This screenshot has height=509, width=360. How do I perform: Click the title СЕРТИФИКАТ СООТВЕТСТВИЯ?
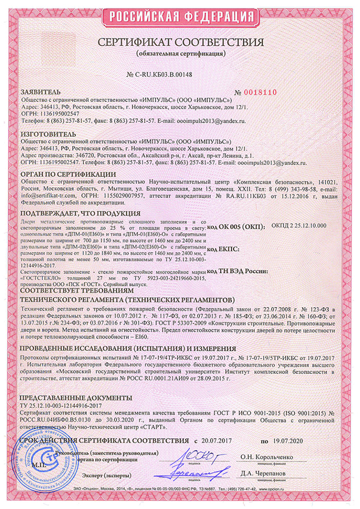tap(181, 43)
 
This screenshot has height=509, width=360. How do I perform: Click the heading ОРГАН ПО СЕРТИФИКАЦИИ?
tap(68, 173)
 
